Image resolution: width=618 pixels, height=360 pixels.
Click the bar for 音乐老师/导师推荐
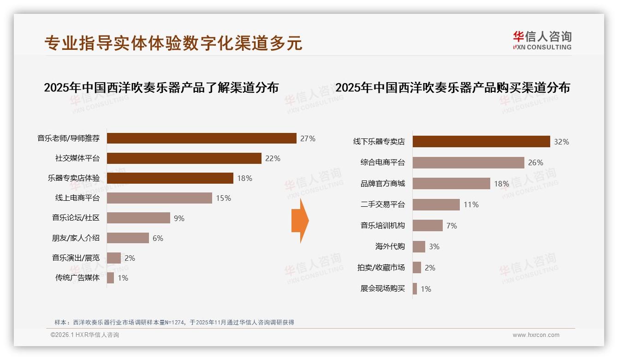[202, 138]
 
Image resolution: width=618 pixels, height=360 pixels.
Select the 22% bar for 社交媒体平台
[184, 158]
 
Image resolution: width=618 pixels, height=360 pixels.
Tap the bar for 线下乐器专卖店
[481, 142]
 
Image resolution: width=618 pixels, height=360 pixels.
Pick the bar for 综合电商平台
[468, 162]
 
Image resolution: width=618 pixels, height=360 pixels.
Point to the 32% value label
[561, 142]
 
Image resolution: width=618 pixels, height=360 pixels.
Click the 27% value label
[308, 138]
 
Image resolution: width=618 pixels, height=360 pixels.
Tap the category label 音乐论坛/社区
[76, 218]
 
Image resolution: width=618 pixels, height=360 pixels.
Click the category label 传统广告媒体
[77, 278]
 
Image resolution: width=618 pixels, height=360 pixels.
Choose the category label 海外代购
[390, 246]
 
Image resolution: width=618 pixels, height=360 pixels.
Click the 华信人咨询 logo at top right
[542, 40]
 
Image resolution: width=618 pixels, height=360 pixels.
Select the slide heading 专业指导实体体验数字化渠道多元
[173, 43]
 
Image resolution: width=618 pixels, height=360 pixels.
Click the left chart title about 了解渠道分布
[161, 87]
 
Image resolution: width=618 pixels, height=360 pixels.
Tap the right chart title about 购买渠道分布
[452, 87]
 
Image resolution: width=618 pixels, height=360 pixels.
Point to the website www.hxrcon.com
[536, 335]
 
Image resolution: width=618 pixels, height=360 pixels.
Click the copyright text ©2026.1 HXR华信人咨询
[85, 335]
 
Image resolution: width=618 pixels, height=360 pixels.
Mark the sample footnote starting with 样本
[174, 323]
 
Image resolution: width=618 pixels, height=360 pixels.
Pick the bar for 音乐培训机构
[428, 226]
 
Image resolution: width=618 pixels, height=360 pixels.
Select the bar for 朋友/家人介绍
[128, 238]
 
